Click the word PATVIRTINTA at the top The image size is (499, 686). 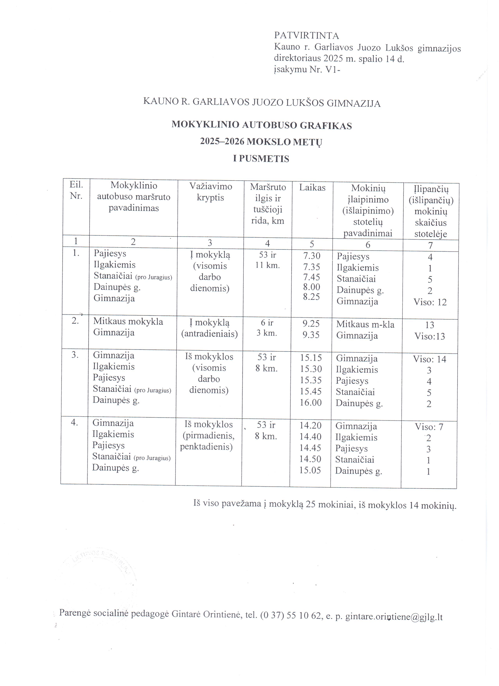coord(306,36)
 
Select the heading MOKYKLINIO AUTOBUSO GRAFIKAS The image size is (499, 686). coord(261,125)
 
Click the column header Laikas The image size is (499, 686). coord(312,188)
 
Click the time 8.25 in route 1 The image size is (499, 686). coord(311,297)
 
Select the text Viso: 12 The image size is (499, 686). coord(430,302)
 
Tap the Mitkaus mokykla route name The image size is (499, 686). coord(128,321)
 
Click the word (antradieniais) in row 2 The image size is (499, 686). coord(209,334)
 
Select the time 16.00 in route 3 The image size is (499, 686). coord(311,403)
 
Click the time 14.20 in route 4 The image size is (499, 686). coord(311,426)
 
